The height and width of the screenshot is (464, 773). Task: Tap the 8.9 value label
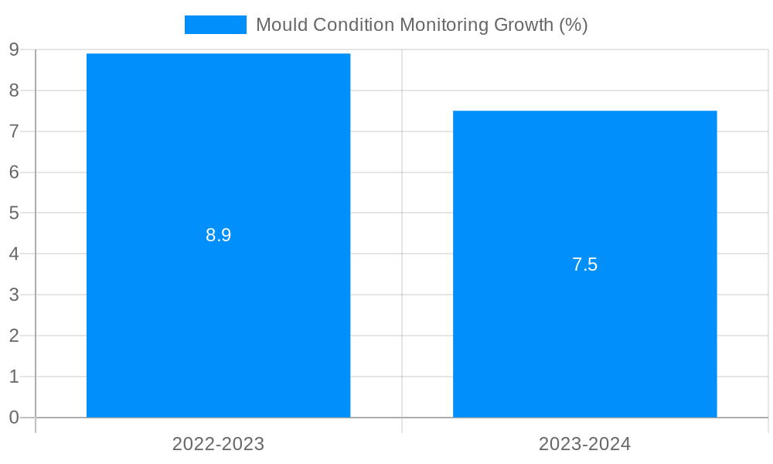click(x=218, y=235)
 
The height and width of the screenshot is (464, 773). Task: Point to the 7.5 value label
click(x=584, y=264)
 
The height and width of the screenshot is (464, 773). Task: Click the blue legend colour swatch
click(x=215, y=25)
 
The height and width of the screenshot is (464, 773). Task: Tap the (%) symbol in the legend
click(x=573, y=25)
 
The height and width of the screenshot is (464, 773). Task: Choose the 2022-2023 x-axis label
click(x=218, y=444)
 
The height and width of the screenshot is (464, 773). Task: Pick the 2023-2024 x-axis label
click(x=584, y=444)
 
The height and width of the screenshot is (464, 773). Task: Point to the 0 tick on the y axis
click(x=14, y=418)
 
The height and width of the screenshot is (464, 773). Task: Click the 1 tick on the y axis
click(x=14, y=377)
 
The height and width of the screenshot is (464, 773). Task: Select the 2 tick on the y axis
click(x=14, y=336)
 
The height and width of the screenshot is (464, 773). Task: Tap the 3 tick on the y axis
click(x=14, y=295)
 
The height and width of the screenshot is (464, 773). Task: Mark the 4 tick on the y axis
click(x=14, y=254)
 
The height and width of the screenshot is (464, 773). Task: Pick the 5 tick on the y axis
click(x=14, y=213)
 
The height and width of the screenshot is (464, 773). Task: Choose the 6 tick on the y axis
click(x=14, y=172)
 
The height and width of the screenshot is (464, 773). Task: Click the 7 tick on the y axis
click(x=14, y=131)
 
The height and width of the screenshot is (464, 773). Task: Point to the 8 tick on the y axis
click(x=14, y=90)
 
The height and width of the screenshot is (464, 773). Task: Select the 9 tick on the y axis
click(x=14, y=49)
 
